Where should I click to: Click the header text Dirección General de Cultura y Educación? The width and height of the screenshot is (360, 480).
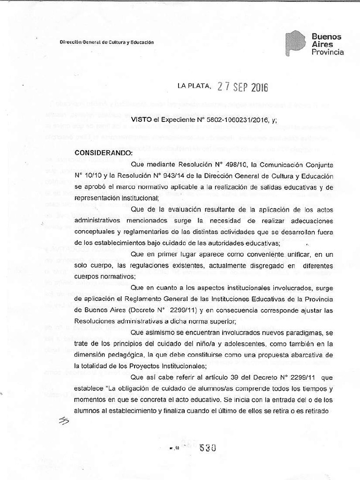tap(107, 42)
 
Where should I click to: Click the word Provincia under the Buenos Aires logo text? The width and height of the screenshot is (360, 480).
tap(328, 52)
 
